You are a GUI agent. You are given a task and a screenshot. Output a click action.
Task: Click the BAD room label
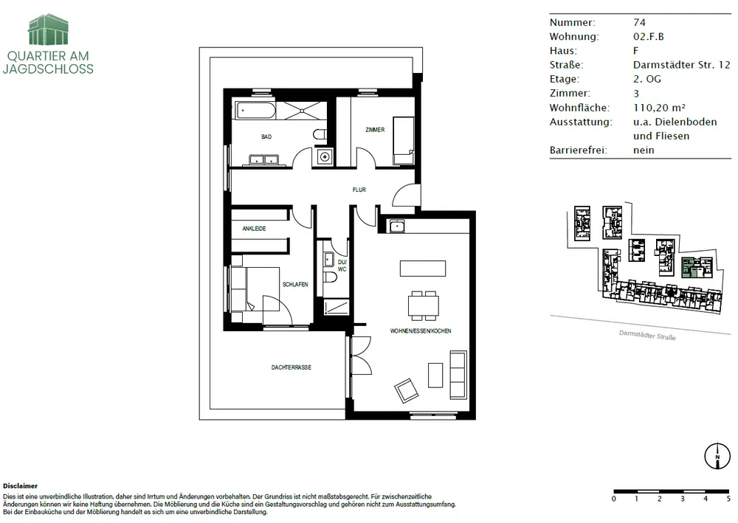pos(266,137)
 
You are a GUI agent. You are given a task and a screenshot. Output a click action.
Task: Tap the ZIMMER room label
pos(375,130)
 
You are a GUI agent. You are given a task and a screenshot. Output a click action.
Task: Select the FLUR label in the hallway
pos(359,190)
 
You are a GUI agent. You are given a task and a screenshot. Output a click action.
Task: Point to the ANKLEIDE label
pos(254,229)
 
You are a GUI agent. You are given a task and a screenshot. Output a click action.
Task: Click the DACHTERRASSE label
pos(292,367)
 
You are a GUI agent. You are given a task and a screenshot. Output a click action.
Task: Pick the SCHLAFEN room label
pos(295,285)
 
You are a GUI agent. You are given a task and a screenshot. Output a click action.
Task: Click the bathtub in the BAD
pos(255,111)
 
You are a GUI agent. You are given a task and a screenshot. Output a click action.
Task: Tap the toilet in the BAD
pos(320,134)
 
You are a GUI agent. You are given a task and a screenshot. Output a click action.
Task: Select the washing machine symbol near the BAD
pos(324,156)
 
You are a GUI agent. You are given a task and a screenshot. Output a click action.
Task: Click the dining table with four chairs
pos(424,305)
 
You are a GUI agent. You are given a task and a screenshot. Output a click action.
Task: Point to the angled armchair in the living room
pos(406,390)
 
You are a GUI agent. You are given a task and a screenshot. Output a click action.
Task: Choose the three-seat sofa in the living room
pos(458,375)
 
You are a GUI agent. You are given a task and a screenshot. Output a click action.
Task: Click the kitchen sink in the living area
pos(397,226)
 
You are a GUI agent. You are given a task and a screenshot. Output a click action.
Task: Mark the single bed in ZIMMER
pos(404,141)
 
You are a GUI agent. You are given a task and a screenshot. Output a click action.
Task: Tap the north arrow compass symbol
pos(717,456)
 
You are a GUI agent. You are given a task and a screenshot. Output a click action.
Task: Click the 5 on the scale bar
pos(728,499)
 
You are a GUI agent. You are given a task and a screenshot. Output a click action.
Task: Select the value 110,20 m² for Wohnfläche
pos(659,108)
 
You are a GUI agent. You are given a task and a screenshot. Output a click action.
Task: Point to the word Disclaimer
pos(20,486)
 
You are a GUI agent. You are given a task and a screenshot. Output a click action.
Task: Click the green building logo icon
pos(48,30)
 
